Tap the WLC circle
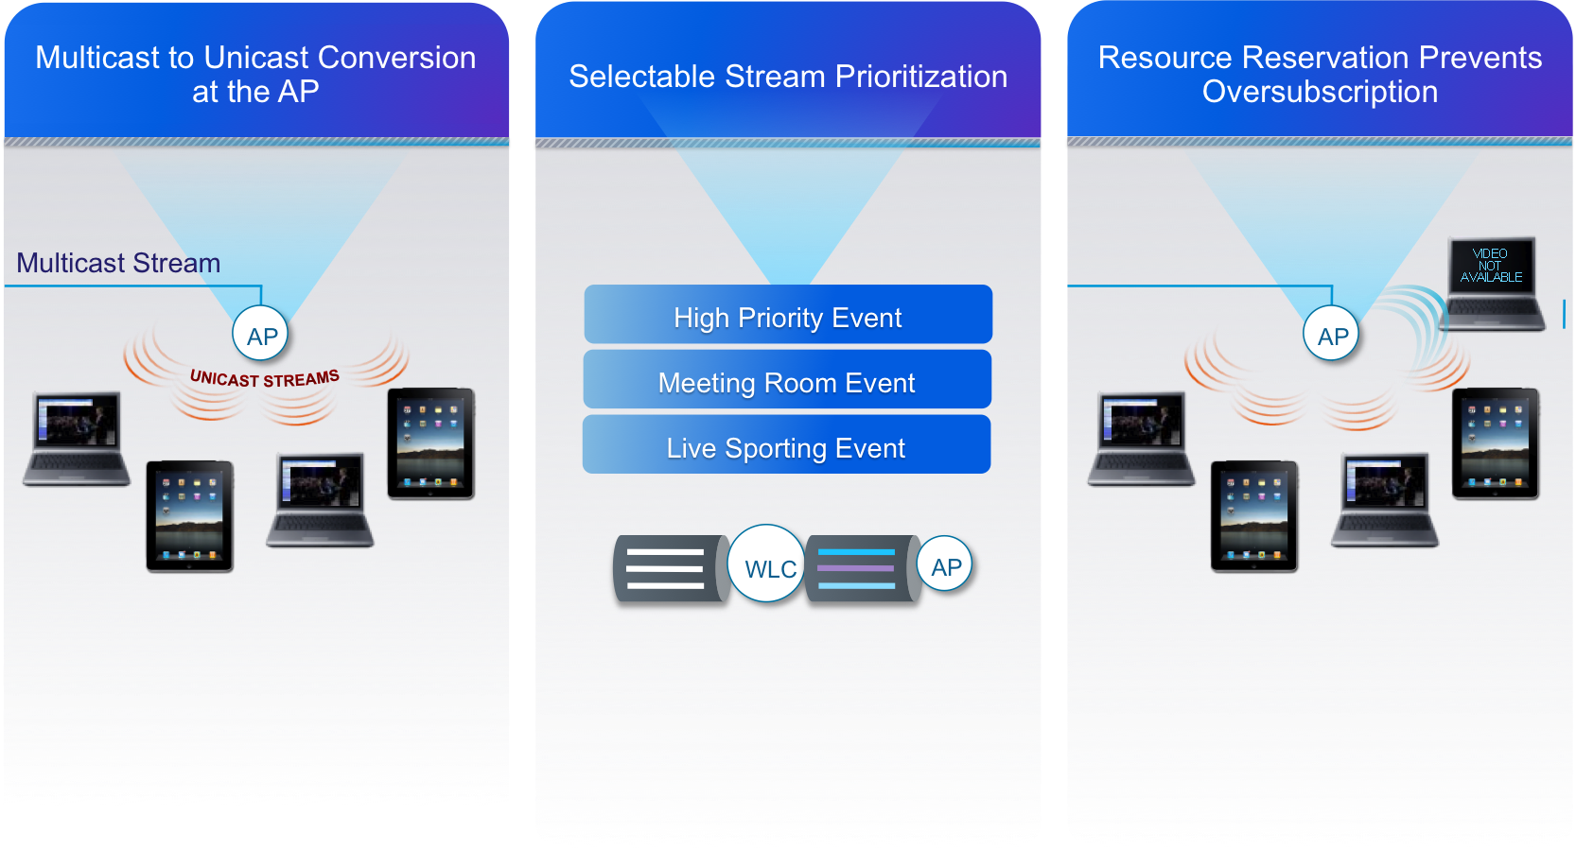(x=767, y=564)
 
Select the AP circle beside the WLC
(x=945, y=564)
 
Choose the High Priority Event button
(x=788, y=315)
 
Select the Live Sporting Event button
(x=786, y=445)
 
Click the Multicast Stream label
(x=118, y=263)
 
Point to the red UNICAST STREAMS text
(x=264, y=378)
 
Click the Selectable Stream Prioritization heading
(x=788, y=77)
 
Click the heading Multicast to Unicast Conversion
(x=255, y=58)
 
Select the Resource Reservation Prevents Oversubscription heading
(x=1320, y=75)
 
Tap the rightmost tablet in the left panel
(x=431, y=443)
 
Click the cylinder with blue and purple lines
(x=859, y=569)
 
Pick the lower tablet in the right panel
(x=1254, y=516)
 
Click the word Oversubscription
(x=1320, y=93)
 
